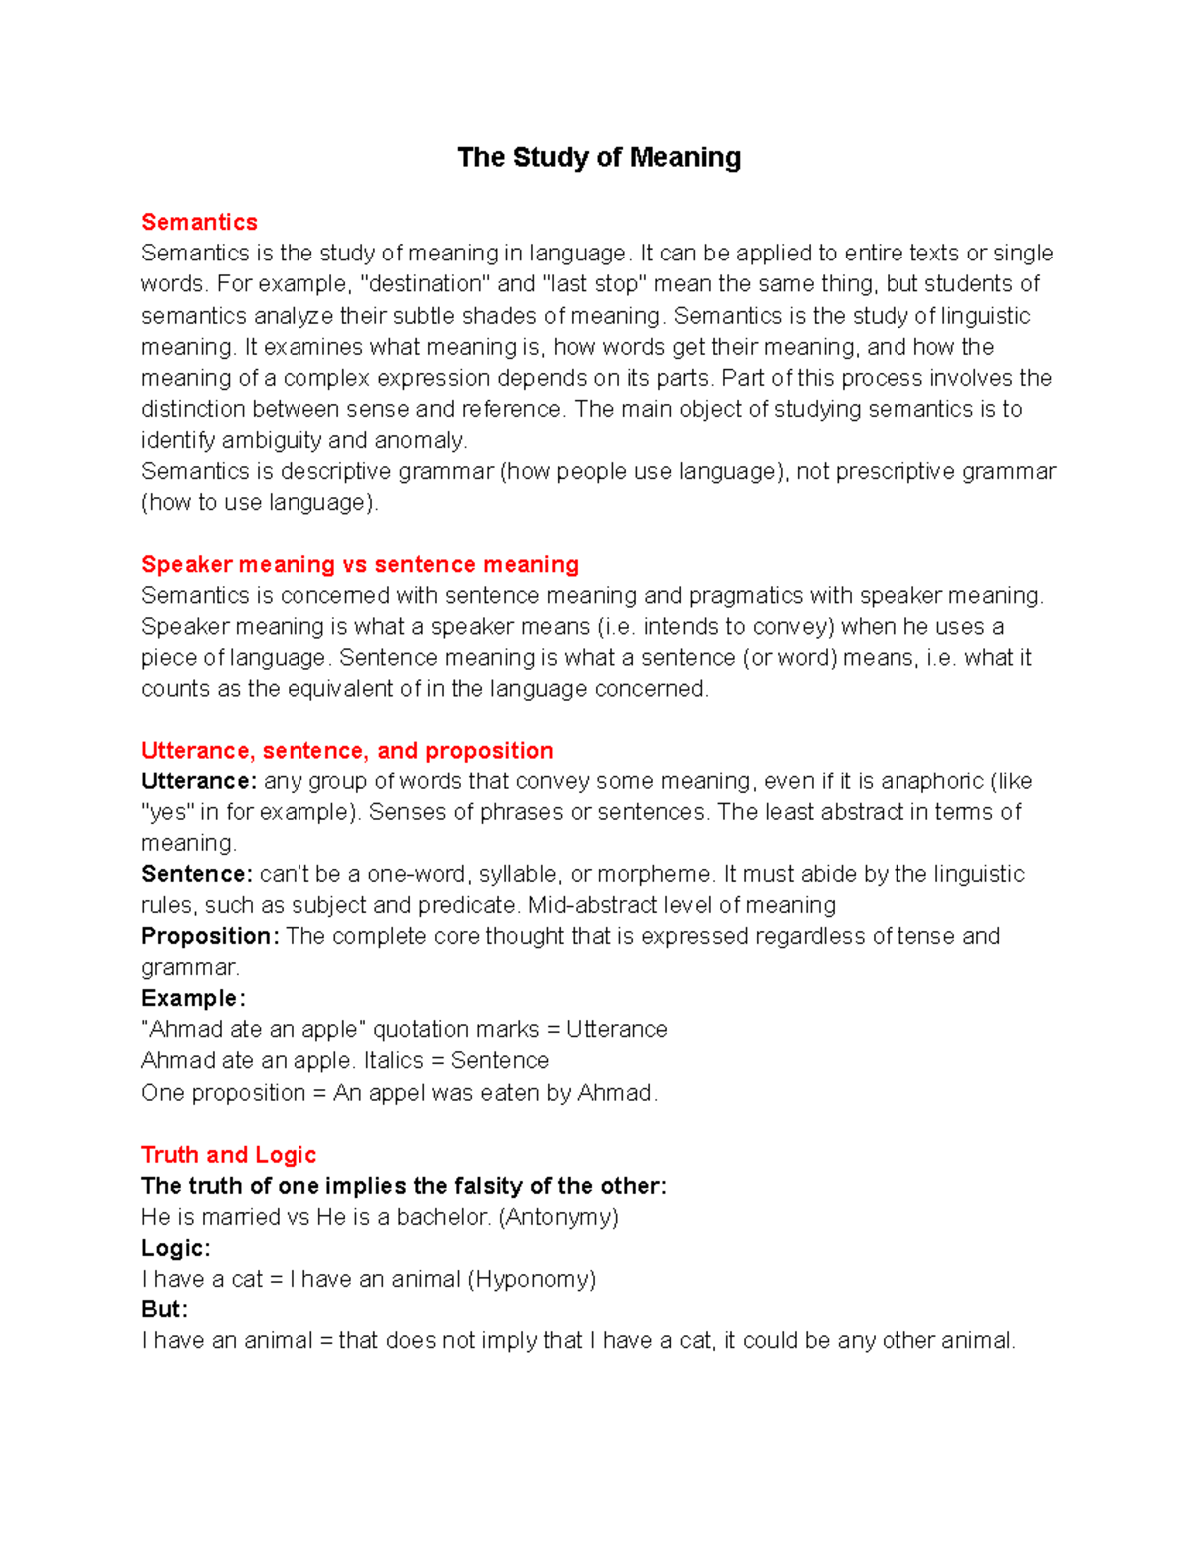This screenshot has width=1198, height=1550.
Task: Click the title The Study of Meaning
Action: click(x=599, y=158)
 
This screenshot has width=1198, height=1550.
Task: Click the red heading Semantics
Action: click(x=199, y=222)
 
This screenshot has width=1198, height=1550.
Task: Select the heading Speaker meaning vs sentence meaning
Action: click(x=359, y=564)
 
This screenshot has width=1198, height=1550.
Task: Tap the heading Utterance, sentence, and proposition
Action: click(x=346, y=750)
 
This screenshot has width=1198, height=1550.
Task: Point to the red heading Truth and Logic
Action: click(x=229, y=1155)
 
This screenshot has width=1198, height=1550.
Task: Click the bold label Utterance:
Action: click(x=199, y=781)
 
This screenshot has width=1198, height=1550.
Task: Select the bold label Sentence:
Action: click(x=197, y=874)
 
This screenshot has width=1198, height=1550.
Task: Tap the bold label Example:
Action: click(x=193, y=998)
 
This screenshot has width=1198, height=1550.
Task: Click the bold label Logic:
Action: click(x=176, y=1248)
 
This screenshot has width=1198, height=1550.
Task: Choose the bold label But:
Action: click(x=164, y=1309)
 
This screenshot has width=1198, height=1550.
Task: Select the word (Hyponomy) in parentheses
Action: click(x=531, y=1279)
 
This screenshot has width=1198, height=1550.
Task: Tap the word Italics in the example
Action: click(x=397, y=1060)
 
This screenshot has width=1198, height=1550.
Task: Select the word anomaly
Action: click(x=420, y=440)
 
